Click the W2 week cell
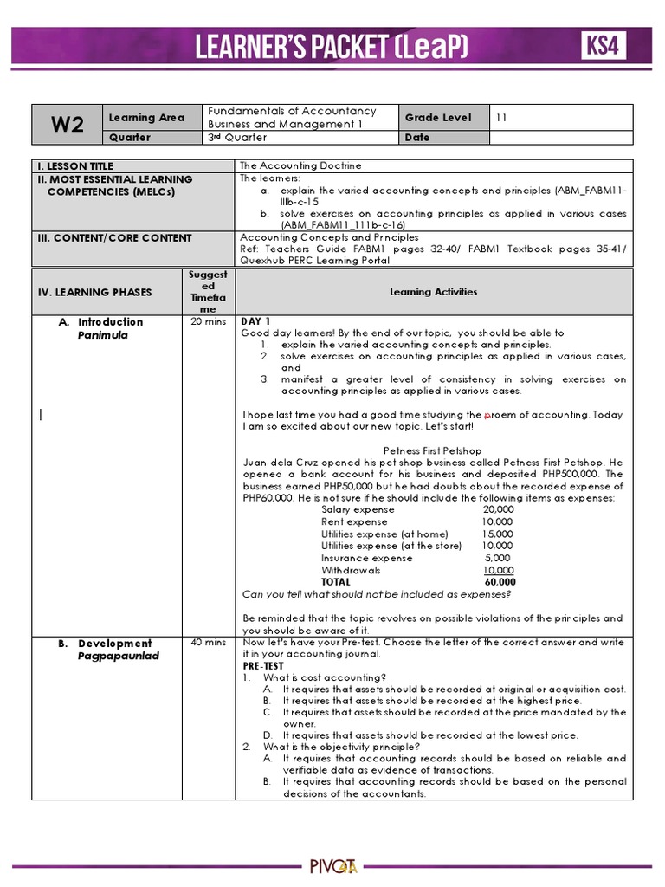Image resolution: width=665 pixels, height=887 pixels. tap(67, 124)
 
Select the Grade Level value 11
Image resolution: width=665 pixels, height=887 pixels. tap(501, 117)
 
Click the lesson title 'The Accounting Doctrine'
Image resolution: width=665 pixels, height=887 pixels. tap(300, 165)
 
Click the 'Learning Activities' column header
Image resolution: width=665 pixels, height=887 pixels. tap(433, 292)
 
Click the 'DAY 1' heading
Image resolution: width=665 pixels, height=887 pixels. tap(255, 321)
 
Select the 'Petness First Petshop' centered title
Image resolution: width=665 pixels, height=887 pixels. tap(432, 450)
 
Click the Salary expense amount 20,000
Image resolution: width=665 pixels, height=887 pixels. tap(498, 509)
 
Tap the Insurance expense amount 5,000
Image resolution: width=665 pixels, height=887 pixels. tap(499, 558)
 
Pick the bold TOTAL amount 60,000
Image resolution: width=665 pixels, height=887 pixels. tap(500, 582)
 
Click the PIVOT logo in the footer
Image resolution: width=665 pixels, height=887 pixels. tap(332, 865)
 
